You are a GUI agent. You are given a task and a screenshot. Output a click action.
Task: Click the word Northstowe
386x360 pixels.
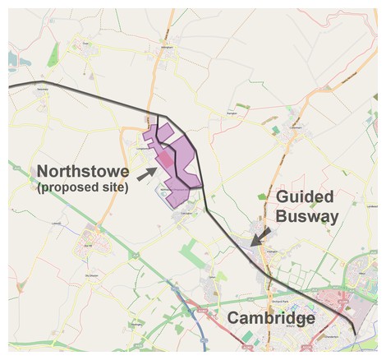(83, 172)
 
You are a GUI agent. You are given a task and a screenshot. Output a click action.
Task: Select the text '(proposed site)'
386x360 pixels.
(83, 187)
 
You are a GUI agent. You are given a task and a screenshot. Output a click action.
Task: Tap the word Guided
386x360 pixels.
(305, 197)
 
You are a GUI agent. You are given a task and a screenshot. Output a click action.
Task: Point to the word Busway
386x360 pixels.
(307, 216)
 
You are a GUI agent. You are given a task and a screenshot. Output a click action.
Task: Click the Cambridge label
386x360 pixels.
(271, 318)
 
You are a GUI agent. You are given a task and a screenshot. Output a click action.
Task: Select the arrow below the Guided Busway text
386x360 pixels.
(260, 237)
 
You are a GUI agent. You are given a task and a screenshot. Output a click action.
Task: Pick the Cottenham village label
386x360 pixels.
(297, 127)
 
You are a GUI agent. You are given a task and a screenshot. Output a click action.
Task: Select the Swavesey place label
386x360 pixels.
(41, 89)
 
